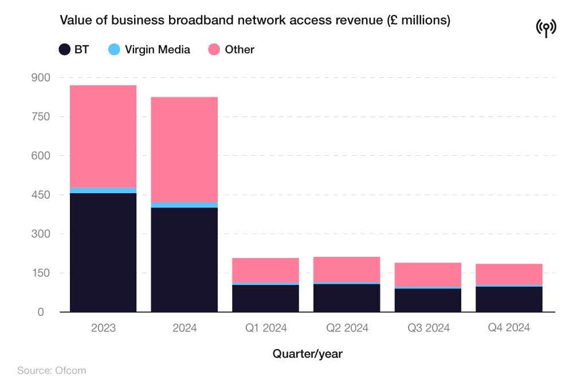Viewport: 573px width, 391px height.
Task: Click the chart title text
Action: (x=255, y=21)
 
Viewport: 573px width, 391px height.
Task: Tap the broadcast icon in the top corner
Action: (x=546, y=27)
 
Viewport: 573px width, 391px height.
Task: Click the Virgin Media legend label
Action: (x=158, y=49)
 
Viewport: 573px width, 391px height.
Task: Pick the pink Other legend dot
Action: (x=214, y=49)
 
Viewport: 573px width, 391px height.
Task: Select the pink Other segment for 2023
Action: (x=103, y=136)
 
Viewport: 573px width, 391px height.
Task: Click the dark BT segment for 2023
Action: (x=103, y=252)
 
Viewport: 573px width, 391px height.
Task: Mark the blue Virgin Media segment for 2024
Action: (x=185, y=205)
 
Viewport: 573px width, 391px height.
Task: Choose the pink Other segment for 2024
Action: (x=185, y=149)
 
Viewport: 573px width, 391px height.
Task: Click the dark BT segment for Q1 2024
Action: (x=265, y=298)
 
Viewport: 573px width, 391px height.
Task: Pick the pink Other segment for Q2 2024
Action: (x=347, y=269)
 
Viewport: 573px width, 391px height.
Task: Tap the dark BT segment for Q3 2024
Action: (x=428, y=300)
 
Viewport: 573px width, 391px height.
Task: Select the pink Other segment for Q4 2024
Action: (x=509, y=273)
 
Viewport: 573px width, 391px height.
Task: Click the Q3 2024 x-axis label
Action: (x=428, y=328)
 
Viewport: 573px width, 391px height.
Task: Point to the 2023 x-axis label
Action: (x=103, y=328)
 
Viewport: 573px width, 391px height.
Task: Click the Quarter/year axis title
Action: (x=307, y=354)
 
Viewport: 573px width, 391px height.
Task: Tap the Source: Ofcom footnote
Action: (x=52, y=370)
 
